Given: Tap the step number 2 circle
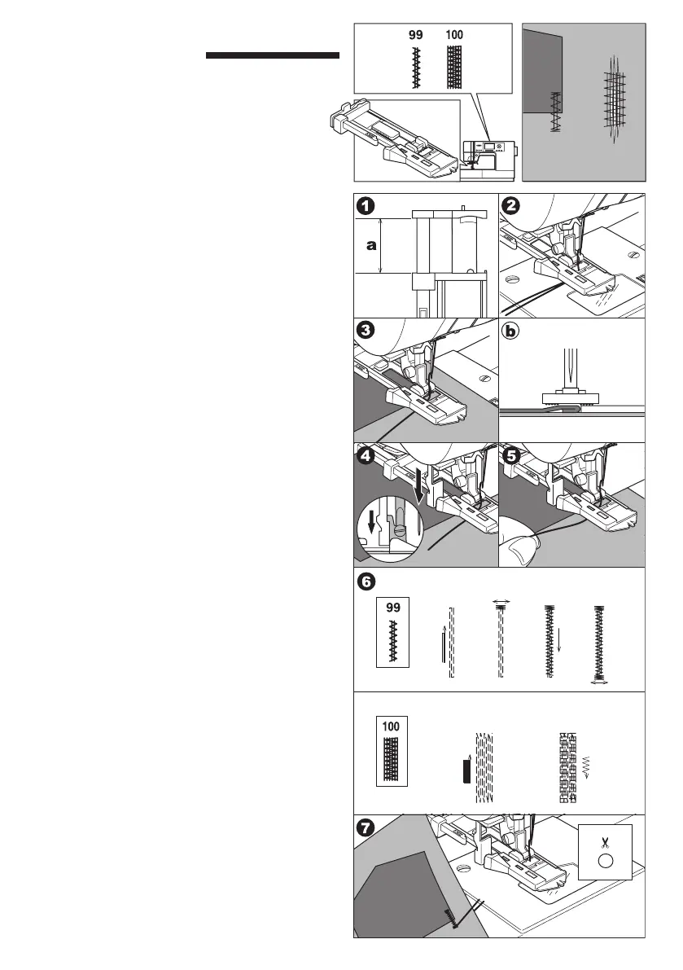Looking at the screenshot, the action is tap(511, 207).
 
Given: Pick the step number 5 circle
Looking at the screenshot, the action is tap(511, 456).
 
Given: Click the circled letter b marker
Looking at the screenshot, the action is tap(511, 331).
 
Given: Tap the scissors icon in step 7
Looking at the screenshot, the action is tap(604, 844).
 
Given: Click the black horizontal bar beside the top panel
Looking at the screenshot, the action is tap(272, 56).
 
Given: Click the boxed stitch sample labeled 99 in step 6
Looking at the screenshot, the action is tap(395, 634).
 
